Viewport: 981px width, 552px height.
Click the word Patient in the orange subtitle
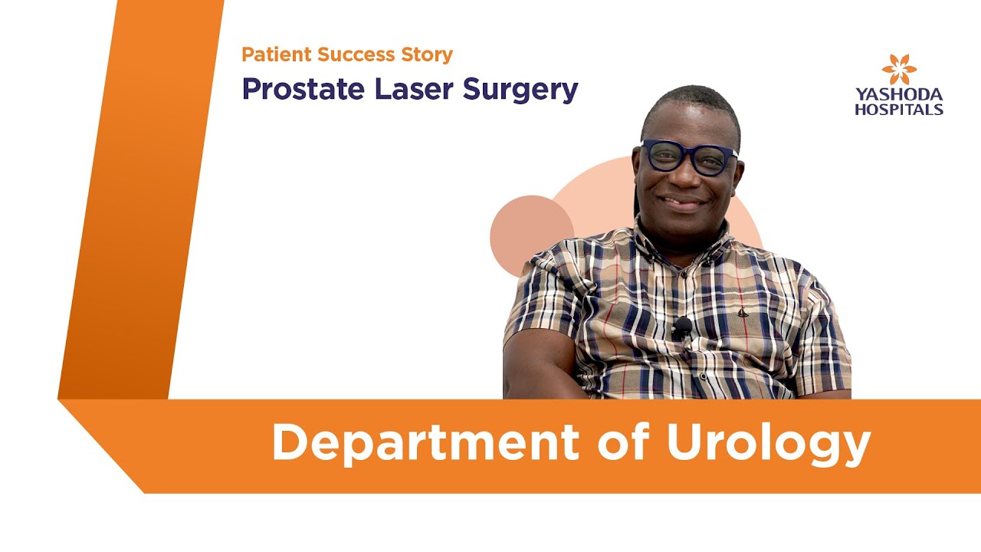click(271, 55)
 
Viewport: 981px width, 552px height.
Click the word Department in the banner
click(425, 442)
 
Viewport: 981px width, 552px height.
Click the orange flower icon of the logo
click(899, 70)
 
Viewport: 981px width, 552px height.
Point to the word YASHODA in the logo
click(899, 96)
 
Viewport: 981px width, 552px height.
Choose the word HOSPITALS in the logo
click(899, 110)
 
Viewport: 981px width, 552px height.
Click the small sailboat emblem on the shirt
click(742, 312)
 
